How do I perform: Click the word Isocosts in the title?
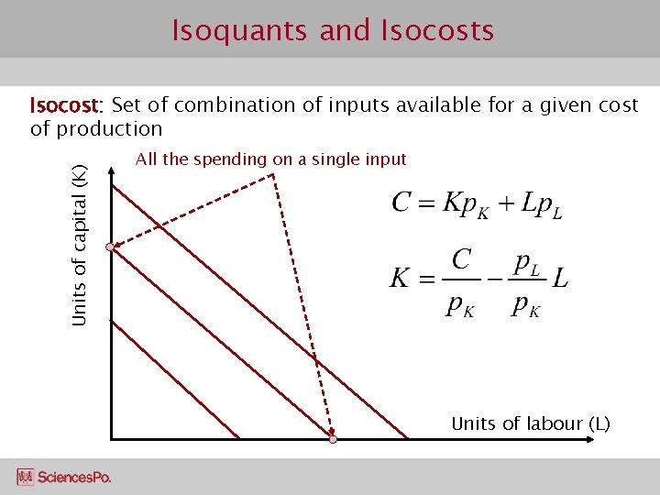point(436,31)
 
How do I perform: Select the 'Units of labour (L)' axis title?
point(530,423)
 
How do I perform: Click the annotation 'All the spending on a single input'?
point(270,159)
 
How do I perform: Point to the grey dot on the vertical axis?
point(110,247)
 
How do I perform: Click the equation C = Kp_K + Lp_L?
point(477,203)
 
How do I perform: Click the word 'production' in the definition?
point(109,129)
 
